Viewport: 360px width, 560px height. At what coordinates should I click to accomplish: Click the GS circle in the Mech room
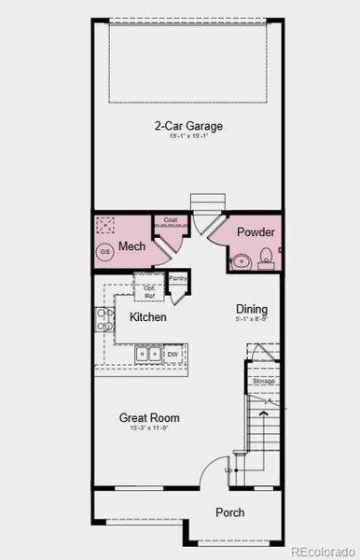(105, 252)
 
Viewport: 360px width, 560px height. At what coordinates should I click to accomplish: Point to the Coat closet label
(170, 220)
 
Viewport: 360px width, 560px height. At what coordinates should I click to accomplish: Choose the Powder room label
(254, 231)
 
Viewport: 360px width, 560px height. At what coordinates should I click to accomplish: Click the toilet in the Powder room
(266, 255)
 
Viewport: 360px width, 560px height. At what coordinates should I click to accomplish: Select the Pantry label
(178, 278)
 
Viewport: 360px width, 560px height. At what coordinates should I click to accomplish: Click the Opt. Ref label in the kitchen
(148, 291)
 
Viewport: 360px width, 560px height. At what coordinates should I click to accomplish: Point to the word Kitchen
(147, 317)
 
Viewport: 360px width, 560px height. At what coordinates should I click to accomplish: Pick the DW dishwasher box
(173, 355)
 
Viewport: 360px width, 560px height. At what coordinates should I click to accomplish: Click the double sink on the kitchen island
(148, 354)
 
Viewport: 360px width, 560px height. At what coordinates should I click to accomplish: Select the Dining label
(251, 309)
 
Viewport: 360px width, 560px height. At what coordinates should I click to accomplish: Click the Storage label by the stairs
(264, 381)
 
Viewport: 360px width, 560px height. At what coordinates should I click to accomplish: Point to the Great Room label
(149, 417)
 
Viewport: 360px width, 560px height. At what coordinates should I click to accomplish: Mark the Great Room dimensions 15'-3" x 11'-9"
(149, 428)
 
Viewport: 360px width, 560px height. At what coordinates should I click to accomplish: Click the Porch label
(229, 512)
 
